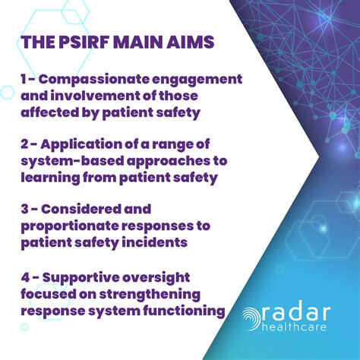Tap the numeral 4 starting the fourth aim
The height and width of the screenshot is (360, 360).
tap(24, 277)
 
